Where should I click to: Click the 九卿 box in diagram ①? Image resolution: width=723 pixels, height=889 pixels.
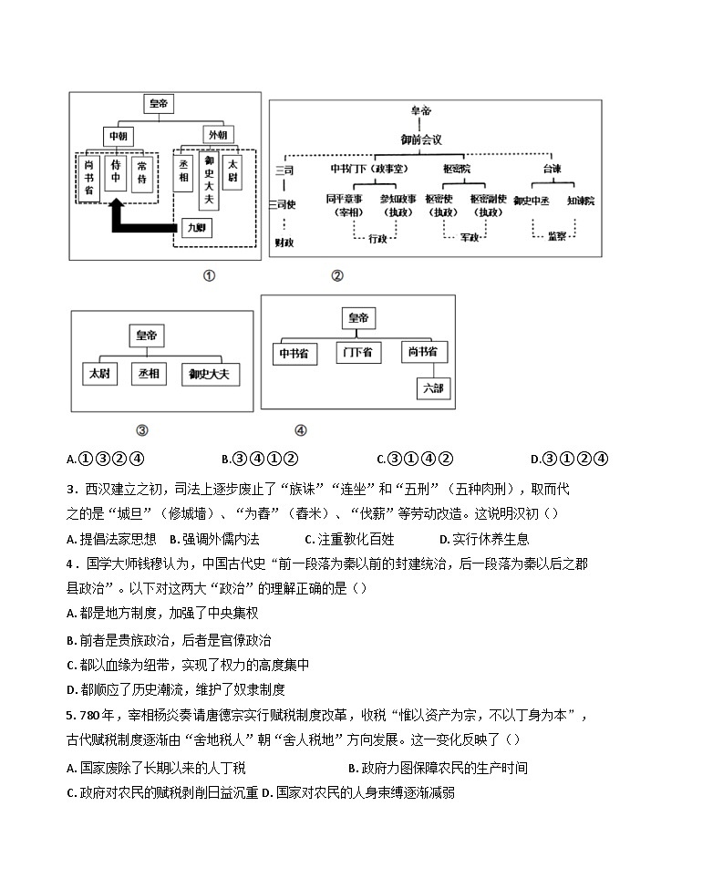194,228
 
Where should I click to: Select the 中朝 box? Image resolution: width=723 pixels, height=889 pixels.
119,135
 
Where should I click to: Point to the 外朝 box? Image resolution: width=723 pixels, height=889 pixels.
216,134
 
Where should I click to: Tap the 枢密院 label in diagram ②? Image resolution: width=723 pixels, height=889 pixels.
457,169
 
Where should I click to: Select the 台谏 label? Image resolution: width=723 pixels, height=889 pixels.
552,169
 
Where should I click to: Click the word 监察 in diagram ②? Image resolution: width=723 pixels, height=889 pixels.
557,236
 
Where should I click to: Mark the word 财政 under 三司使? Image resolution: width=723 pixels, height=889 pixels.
284,242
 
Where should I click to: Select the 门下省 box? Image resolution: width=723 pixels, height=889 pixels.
358,353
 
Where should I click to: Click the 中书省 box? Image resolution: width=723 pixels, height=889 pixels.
296,353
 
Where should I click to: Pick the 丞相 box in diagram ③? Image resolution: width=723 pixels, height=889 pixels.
149,373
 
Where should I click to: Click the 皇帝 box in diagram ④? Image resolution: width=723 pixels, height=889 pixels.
358,318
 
